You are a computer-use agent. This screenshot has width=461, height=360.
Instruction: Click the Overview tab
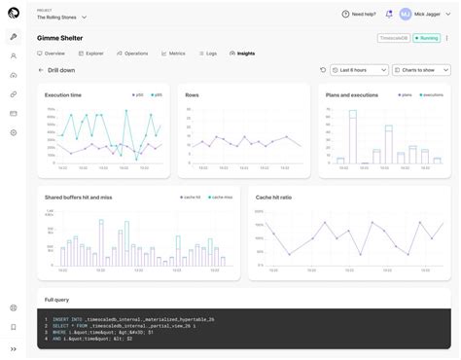[x=53, y=53]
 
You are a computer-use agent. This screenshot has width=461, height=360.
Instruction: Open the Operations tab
[x=133, y=53]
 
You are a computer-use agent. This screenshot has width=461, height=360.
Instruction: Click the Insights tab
[x=243, y=53]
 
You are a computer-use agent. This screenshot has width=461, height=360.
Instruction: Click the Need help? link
[x=359, y=14]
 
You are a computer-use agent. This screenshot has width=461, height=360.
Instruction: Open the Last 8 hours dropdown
[x=353, y=70]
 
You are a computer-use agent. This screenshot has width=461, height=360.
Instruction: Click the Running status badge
[x=427, y=38]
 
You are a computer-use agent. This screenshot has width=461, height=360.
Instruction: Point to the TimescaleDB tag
[x=392, y=38]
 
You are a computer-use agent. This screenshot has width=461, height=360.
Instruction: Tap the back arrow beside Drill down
[x=41, y=70]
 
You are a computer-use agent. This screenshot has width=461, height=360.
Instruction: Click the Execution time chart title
[x=63, y=94]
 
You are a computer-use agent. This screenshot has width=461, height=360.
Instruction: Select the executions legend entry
[x=431, y=94]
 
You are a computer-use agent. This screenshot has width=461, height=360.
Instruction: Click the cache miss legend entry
[x=221, y=198]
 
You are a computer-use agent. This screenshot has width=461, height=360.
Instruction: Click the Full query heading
[x=56, y=300]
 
